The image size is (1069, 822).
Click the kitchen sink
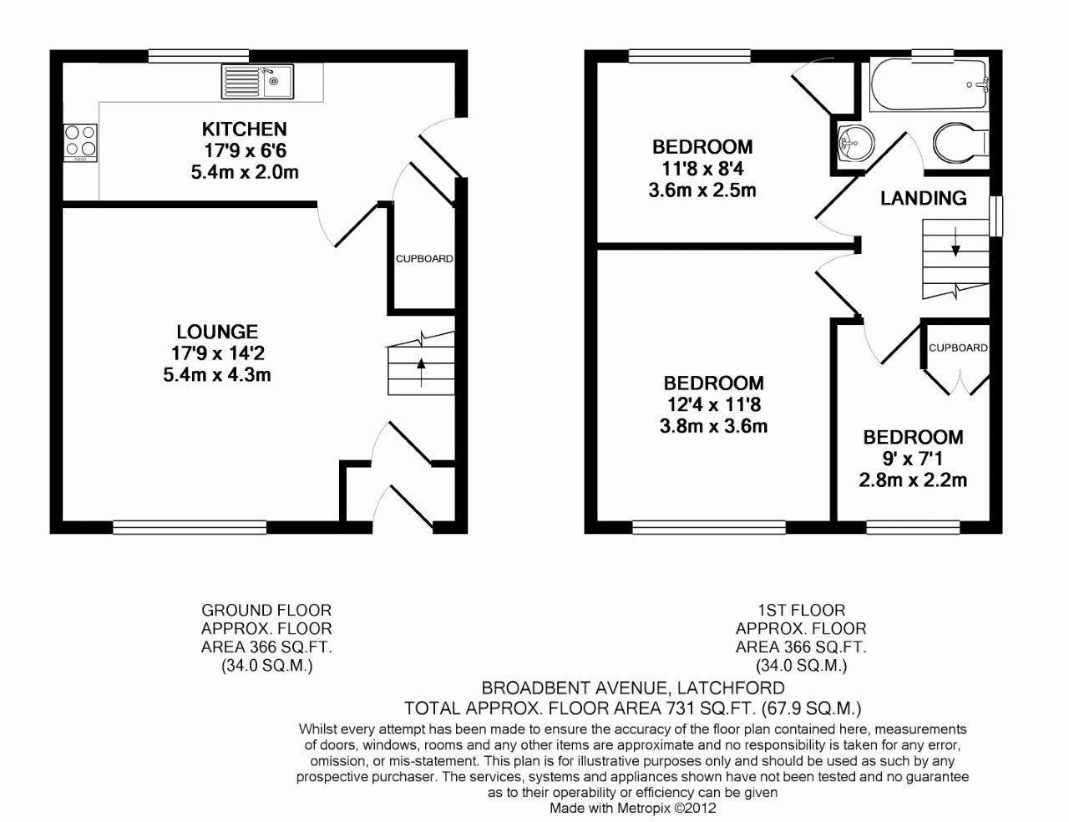(252, 83)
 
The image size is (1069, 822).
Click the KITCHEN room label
(244, 129)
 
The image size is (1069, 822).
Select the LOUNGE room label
(217, 332)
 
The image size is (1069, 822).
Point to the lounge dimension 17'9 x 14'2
(217, 353)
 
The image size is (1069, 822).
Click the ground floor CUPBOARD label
(424, 259)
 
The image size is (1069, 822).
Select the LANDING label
(924, 198)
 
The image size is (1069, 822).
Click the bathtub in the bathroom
(928, 85)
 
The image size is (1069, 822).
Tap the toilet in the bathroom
(959, 143)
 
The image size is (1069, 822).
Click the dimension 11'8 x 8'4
(702, 169)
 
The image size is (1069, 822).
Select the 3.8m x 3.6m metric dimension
(713, 427)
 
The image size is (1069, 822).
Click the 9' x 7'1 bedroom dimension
(913, 459)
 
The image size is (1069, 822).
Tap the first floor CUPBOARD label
(958, 348)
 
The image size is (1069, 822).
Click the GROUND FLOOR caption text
(266, 611)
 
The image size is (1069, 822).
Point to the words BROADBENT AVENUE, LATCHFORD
(632, 688)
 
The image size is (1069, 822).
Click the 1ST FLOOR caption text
(800, 611)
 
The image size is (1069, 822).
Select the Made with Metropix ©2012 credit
(632, 808)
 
